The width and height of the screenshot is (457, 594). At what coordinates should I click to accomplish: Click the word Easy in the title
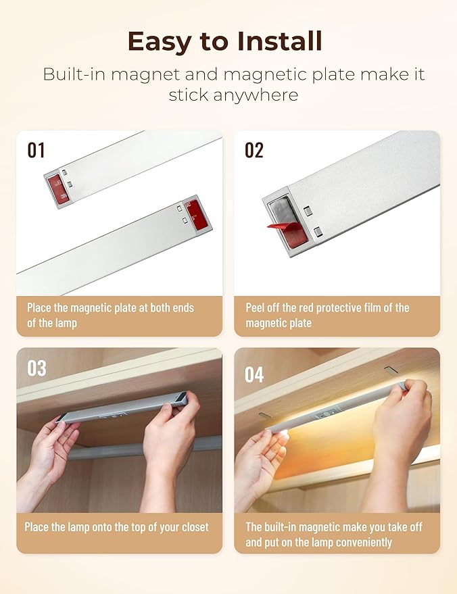pyautogui.click(x=160, y=42)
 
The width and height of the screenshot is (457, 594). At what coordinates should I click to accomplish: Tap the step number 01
pyautogui.click(x=36, y=150)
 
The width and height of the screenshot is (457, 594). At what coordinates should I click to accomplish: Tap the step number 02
pyautogui.click(x=254, y=150)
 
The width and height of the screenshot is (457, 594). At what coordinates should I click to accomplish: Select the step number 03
pyautogui.click(x=37, y=368)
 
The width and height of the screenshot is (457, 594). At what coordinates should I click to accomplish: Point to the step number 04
pyautogui.click(x=255, y=374)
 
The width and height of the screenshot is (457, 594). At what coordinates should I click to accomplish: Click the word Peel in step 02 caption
pyautogui.click(x=258, y=307)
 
